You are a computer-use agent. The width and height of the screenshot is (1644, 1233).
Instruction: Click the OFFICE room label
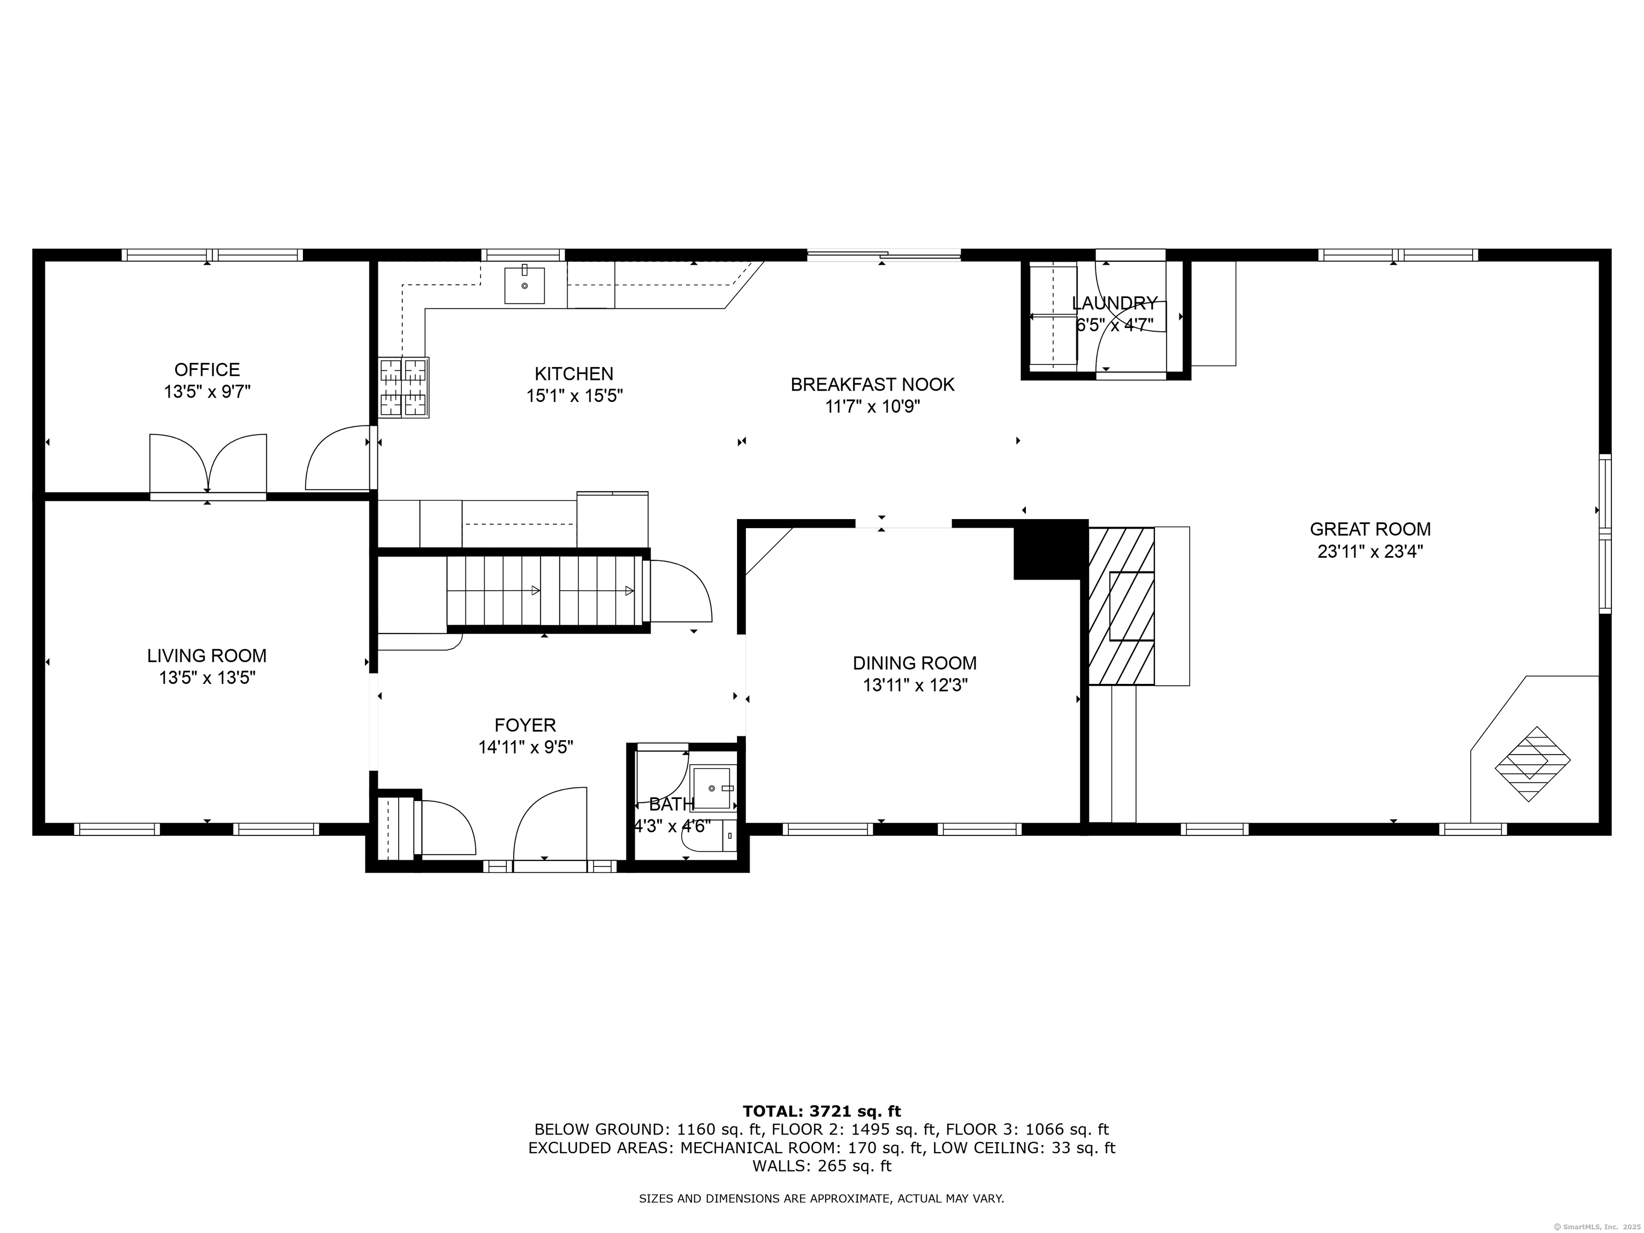point(207,369)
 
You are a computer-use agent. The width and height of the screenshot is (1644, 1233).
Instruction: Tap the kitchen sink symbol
point(524,285)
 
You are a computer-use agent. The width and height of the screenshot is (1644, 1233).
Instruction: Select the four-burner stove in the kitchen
point(405,387)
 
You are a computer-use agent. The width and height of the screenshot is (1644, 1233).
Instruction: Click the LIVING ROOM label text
point(207,656)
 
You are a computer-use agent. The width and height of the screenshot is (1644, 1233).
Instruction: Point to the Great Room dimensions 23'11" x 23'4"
point(1370,551)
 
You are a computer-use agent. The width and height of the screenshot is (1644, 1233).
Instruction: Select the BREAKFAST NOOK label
point(872,384)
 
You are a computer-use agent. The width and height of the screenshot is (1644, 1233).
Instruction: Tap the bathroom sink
point(712,788)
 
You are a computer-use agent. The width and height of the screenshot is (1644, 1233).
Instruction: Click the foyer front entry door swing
point(551,825)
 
